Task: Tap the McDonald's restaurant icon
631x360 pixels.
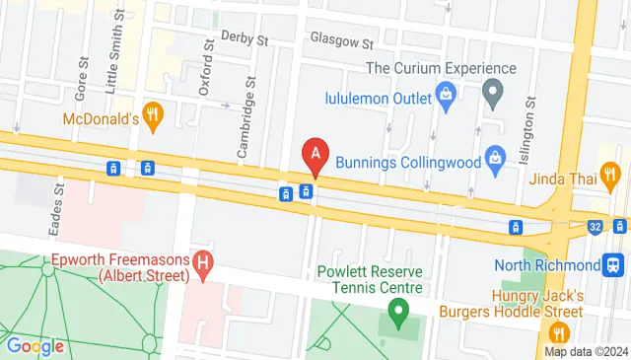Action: pyautogui.click(x=152, y=115)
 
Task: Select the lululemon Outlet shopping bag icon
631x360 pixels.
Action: pyautogui.click(x=448, y=98)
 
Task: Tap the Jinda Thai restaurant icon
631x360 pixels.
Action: pyautogui.click(x=612, y=179)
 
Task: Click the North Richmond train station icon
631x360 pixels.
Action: pyautogui.click(x=614, y=264)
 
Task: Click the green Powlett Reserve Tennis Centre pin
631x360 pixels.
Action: pyautogui.click(x=397, y=316)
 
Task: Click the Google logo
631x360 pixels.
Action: pyautogui.click(x=35, y=346)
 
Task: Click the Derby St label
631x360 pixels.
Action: pyautogui.click(x=245, y=39)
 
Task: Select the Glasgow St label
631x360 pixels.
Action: pyautogui.click(x=341, y=42)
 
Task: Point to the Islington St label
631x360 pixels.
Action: pyautogui.click(x=530, y=122)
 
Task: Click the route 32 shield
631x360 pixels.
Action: pyautogui.click(x=594, y=226)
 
